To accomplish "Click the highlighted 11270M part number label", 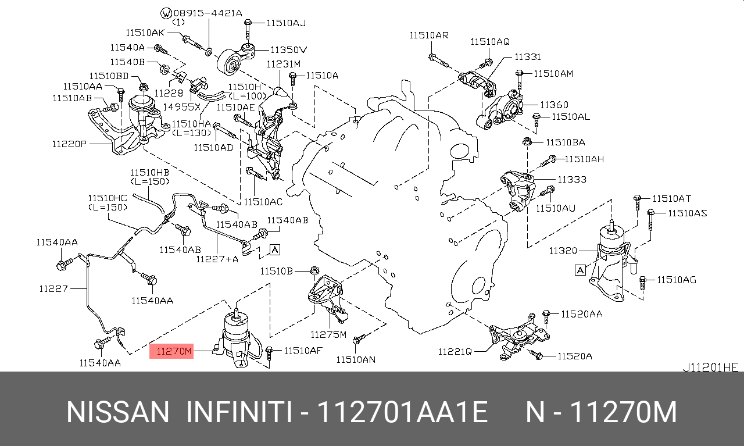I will (171, 351).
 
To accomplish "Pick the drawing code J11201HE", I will (710, 367).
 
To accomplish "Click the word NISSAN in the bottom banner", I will (118, 412).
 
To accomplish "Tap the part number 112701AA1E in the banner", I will (402, 412).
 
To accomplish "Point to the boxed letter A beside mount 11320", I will (580, 270).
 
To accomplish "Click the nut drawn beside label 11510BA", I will (527, 141).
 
